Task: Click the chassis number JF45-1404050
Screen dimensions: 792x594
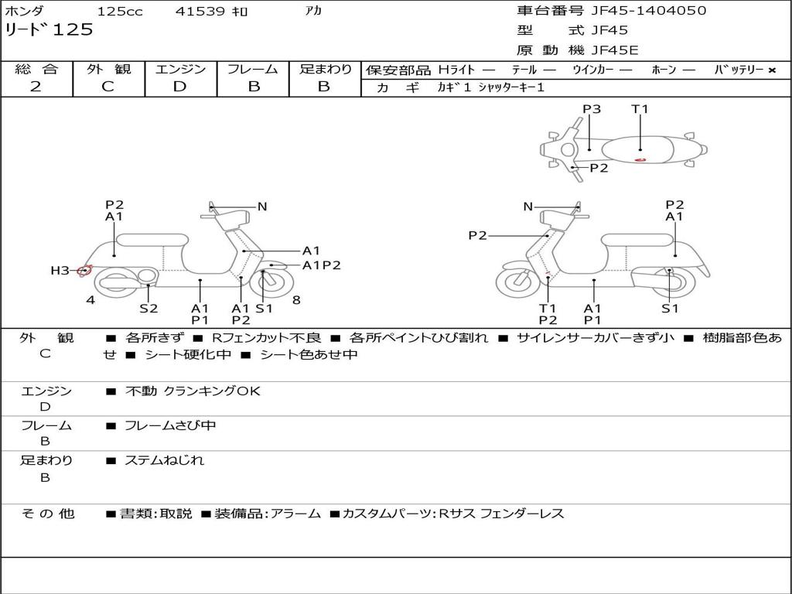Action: pos(649,10)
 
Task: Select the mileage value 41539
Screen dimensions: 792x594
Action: pos(200,11)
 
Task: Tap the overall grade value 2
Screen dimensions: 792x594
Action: pos(36,87)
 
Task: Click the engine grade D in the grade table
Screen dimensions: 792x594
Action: pos(179,87)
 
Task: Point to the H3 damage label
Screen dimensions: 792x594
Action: pos(60,271)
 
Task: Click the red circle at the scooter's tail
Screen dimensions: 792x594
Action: pos(85,271)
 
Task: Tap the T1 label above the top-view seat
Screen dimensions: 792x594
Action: pos(640,109)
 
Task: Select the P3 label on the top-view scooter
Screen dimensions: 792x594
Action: pos(592,109)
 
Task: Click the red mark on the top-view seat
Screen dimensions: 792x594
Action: pos(640,159)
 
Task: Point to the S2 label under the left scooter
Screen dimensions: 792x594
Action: pos(148,308)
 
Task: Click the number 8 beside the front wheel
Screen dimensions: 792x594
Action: pos(296,300)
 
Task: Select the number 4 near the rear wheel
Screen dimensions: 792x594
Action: pos(90,300)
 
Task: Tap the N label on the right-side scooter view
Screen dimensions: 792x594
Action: pos(527,207)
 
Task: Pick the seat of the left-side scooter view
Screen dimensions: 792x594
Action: pos(152,240)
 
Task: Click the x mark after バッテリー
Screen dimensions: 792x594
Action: pos(772,70)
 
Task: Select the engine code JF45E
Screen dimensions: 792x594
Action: pos(615,50)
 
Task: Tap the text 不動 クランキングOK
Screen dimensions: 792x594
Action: pos(193,391)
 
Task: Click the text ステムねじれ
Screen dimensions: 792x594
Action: pos(164,460)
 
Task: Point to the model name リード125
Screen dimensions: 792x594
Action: pos(49,29)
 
